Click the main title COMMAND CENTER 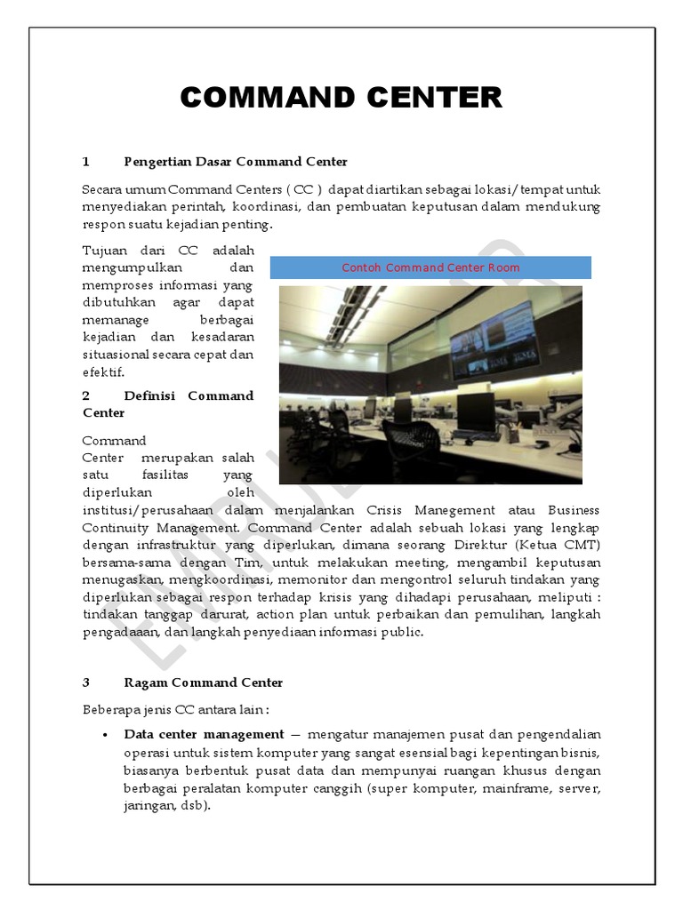tap(341, 98)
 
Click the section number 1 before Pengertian tap(86, 162)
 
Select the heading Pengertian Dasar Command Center tap(236, 162)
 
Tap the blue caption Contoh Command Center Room tap(430, 267)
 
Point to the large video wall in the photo tap(494, 342)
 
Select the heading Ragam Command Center tap(204, 682)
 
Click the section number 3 tap(86, 682)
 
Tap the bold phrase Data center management tap(204, 734)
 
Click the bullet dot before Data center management tap(106, 735)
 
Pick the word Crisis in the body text tap(385, 510)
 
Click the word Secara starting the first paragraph tap(100, 189)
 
